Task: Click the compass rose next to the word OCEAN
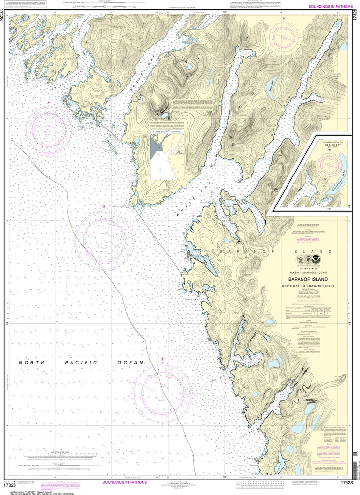click(x=162, y=389)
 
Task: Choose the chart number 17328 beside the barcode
click(x=348, y=483)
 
